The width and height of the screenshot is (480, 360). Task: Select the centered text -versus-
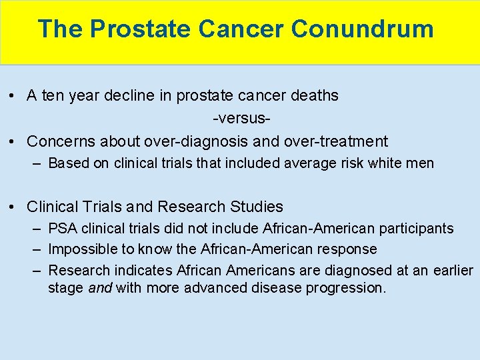point(241,119)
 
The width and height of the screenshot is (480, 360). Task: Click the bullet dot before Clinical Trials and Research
point(13,207)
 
